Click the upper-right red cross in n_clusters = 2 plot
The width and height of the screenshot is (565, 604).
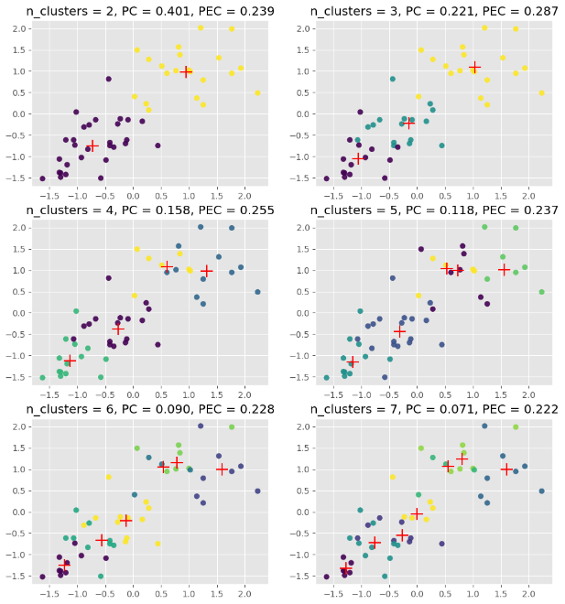point(187,71)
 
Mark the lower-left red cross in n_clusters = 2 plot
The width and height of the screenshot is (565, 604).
point(92,146)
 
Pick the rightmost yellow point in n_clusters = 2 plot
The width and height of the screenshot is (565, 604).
point(257,92)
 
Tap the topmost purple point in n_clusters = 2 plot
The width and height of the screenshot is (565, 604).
point(108,79)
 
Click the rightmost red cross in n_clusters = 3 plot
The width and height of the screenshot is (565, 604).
point(474,68)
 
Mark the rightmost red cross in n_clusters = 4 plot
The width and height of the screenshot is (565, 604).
point(207,270)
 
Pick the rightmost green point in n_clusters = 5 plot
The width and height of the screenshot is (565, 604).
point(541,292)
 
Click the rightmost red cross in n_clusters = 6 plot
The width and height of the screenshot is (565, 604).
point(222,469)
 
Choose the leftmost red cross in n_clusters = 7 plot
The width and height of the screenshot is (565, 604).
point(345,567)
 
